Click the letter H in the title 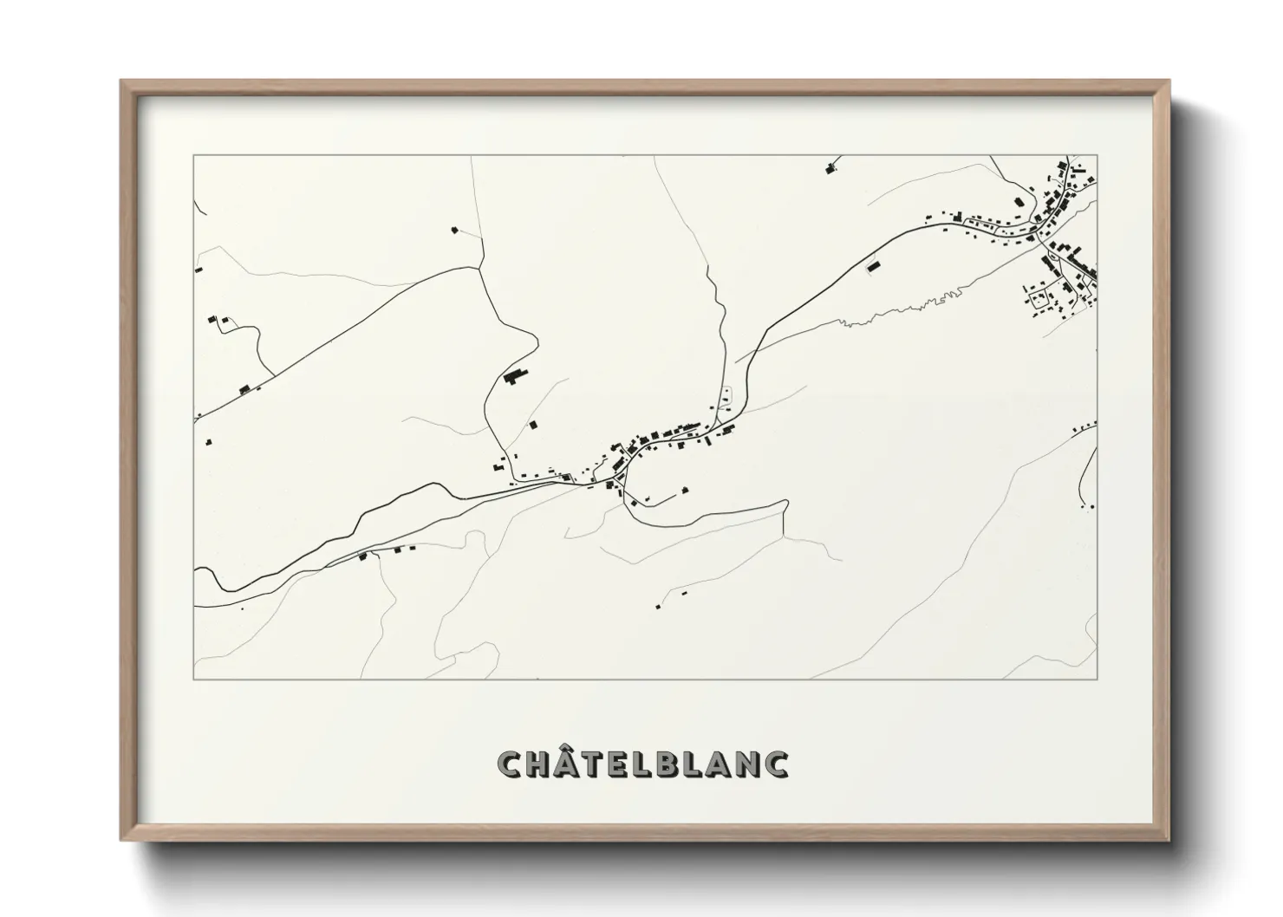coord(538,764)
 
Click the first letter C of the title coord(510,764)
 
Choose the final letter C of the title coord(777,764)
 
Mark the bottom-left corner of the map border coord(193,679)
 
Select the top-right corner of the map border coord(1097,155)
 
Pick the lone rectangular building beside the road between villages coord(874,267)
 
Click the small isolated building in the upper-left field coord(454,230)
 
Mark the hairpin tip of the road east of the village coord(785,502)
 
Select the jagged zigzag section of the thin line coord(928,303)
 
